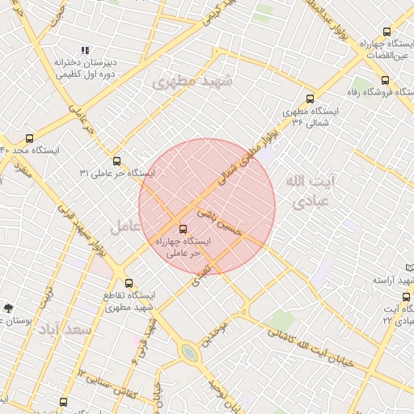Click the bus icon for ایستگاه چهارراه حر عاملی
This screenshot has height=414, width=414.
coord(182,229)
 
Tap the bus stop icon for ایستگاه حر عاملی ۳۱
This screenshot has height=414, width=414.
coord(117,161)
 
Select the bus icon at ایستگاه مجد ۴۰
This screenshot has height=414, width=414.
coord(30,138)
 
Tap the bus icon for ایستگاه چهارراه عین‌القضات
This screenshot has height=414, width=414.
coord(385,32)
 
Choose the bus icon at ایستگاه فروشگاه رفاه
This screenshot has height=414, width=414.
coord(384,80)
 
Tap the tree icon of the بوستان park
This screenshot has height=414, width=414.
coord(8,307)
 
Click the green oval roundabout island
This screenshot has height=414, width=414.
coord(188,352)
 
